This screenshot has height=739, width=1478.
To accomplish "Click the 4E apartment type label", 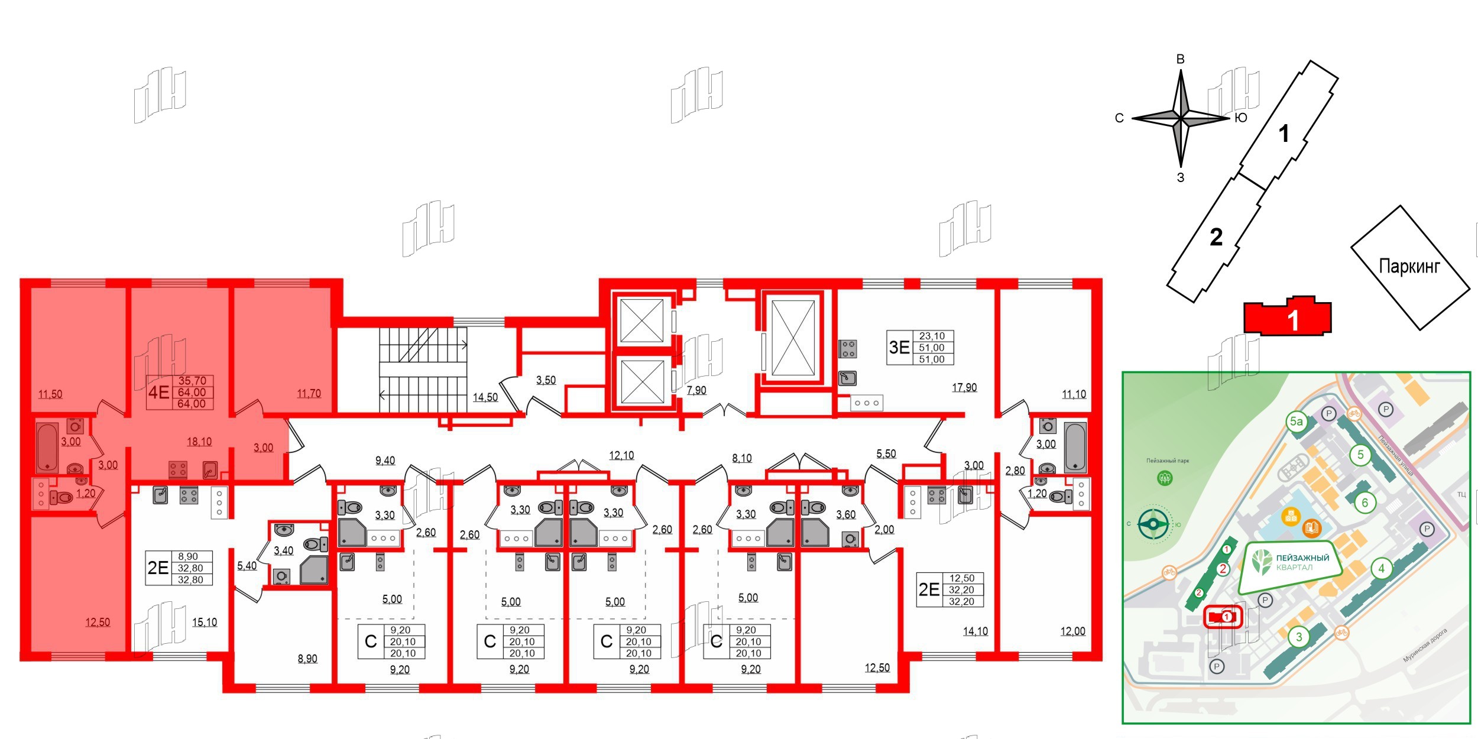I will coord(158,392).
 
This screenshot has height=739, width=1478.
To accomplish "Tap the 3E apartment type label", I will coord(899,347).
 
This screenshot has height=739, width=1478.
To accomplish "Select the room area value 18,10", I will coord(199,442).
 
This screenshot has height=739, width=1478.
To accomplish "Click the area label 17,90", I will coord(964,388).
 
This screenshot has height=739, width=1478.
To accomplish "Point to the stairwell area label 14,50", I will coord(485,397).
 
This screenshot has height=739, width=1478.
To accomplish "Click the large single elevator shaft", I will coord(793,337).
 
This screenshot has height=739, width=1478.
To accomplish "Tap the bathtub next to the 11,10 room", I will coord(1075,448).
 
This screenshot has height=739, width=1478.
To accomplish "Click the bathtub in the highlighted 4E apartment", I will coord(47,446).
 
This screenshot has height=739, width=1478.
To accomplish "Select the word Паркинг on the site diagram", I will coord(1409,267).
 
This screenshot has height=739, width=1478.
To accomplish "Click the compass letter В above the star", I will coord(1180,59).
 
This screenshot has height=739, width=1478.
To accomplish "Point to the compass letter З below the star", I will coord(1180,177).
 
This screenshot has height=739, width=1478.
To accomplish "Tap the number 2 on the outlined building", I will coord(1216,237).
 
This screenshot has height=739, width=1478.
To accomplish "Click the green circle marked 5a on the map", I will coord(1296,422).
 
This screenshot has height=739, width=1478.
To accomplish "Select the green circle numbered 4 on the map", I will coord(1381,569).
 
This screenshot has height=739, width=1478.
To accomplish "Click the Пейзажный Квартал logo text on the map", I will coord(1302,562).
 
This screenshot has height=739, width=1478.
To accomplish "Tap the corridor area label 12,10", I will coord(621,455).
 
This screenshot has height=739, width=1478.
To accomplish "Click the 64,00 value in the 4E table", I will coord(192,392).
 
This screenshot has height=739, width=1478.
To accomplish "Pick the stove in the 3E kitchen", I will coord(848,349).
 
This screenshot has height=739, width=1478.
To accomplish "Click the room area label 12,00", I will coord(1072,631).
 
